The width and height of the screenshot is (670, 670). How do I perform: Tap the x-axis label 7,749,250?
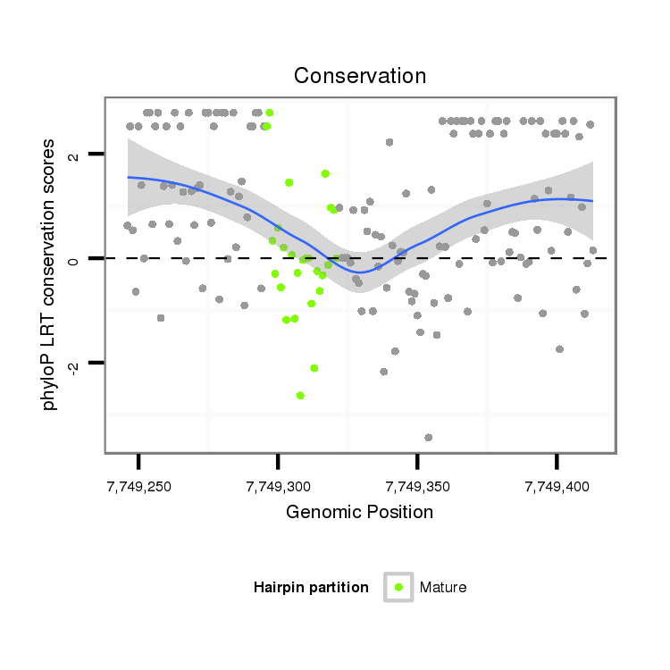(x=138, y=487)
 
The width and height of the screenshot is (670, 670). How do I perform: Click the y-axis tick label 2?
(x=74, y=155)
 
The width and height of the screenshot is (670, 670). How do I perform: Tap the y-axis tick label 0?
(x=74, y=259)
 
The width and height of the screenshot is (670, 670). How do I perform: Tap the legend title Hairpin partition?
(x=311, y=587)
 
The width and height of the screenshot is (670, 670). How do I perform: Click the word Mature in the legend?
(x=443, y=587)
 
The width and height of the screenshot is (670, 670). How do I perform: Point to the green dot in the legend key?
(x=398, y=587)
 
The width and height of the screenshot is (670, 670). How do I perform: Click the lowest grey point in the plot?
(x=429, y=437)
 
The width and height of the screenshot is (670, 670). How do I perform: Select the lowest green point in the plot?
(x=300, y=395)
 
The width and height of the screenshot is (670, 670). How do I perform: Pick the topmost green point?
(x=269, y=113)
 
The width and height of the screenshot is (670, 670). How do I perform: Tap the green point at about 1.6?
(x=325, y=173)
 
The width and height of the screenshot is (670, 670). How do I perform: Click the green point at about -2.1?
(x=314, y=367)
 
